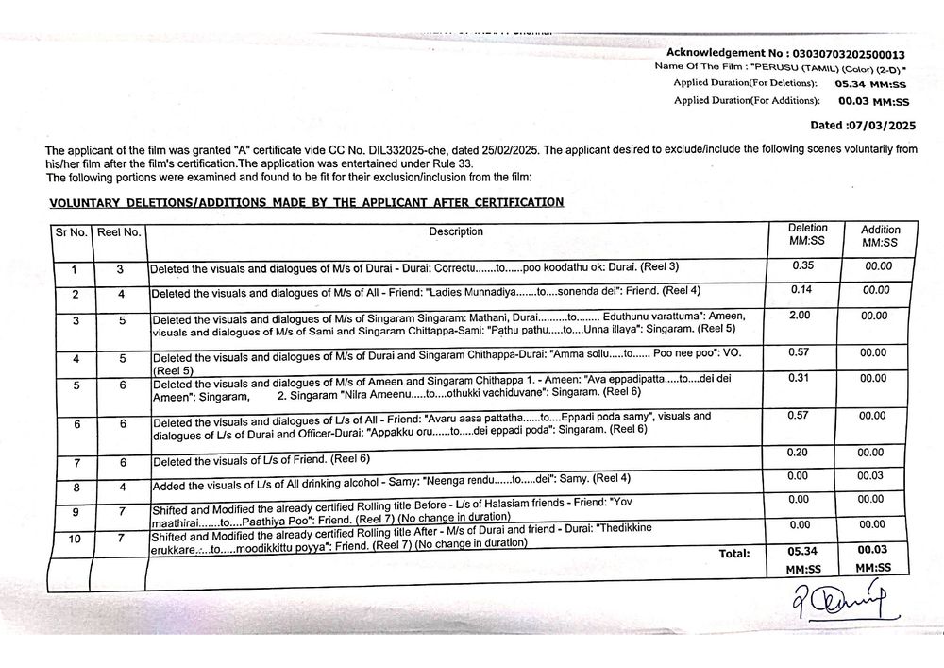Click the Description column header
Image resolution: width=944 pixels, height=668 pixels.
(x=456, y=231)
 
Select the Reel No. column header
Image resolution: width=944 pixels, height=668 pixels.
(x=119, y=231)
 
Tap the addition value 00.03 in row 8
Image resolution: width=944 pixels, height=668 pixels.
(x=870, y=475)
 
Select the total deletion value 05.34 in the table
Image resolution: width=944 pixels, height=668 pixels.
(x=805, y=551)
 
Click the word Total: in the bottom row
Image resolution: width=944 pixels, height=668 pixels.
(x=734, y=553)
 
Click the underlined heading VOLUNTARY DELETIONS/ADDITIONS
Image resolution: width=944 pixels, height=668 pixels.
(x=306, y=201)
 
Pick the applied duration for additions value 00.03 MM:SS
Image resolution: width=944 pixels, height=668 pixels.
(x=873, y=101)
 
